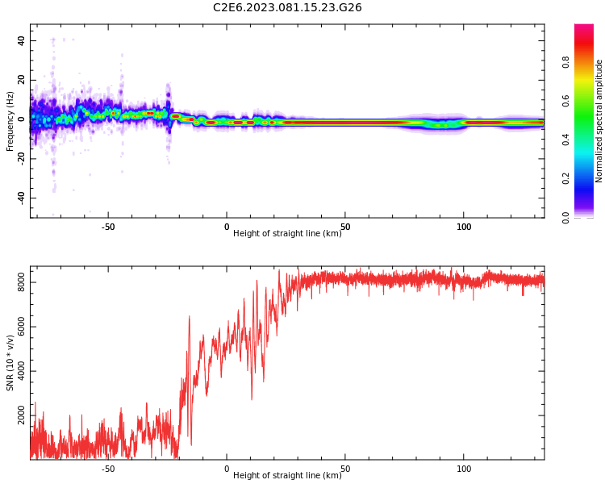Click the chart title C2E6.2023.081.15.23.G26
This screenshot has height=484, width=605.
tap(287, 8)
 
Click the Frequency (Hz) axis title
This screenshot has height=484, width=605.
tap(10, 121)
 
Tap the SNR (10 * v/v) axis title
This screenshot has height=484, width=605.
tap(10, 364)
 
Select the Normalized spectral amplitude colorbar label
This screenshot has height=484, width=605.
tap(599, 121)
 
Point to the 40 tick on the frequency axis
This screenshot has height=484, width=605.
tap(20, 40)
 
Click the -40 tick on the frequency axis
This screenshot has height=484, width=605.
tap(19, 198)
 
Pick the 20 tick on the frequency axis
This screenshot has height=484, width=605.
tap(20, 80)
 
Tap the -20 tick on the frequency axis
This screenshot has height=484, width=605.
tap(19, 158)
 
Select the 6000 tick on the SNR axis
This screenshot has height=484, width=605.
tap(17, 327)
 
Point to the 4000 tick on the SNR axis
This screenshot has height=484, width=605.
tap(17, 371)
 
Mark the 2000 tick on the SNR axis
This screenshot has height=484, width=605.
tap(17, 415)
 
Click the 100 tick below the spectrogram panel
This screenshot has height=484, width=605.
tap(464, 227)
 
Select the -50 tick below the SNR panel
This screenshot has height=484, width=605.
tap(108, 469)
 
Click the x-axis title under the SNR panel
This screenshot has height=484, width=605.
tap(287, 476)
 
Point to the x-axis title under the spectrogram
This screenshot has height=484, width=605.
tap(287, 234)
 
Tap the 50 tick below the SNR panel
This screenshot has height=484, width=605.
tap(345, 469)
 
